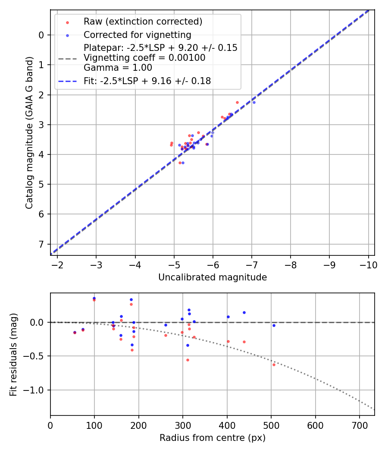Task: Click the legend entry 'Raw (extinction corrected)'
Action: (x=143, y=22)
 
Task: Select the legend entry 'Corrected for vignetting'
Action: (x=137, y=35)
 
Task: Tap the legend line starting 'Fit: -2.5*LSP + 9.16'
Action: (x=147, y=81)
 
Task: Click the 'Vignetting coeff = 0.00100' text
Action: (x=144, y=58)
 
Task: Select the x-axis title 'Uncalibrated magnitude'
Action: (x=213, y=277)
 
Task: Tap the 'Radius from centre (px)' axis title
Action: (x=213, y=438)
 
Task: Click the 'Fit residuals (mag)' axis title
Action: (x=13, y=354)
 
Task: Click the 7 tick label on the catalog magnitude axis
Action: (x=41, y=244)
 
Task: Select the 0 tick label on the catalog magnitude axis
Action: (x=41, y=35)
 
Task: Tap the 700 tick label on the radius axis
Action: (x=359, y=425)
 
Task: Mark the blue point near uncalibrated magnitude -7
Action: (x=254, y=102)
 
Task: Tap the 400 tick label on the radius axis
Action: (x=227, y=425)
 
